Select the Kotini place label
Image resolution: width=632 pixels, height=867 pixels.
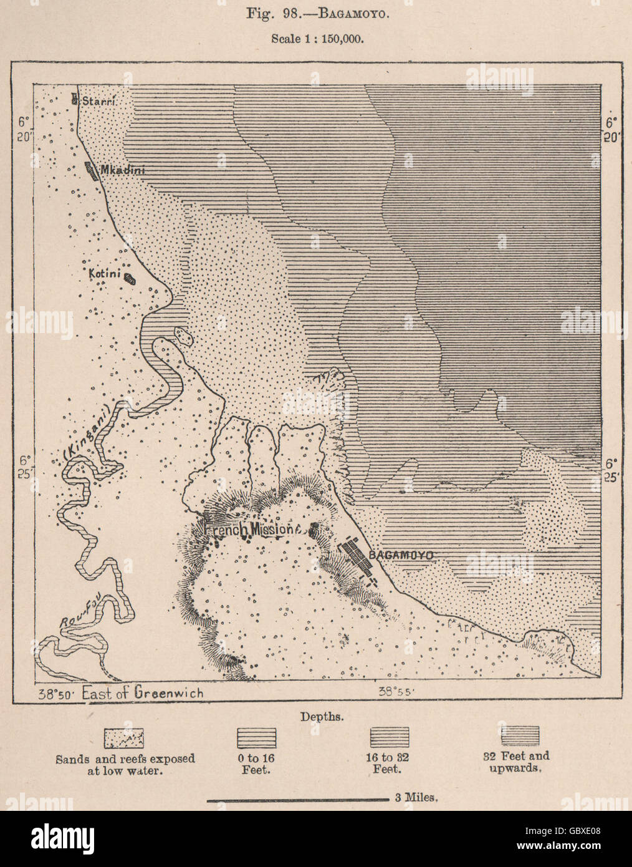click(103, 273)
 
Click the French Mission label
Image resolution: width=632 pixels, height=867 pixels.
click(253, 529)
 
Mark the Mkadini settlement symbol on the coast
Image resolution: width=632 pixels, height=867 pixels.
click(91, 171)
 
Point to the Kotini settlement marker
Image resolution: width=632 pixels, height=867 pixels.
click(130, 279)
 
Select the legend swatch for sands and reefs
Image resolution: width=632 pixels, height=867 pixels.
click(125, 737)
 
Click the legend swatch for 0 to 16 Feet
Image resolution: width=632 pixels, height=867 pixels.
click(256, 737)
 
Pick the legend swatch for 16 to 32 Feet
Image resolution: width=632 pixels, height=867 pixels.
click(390, 737)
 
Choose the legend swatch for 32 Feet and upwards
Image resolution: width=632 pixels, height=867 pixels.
click(520, 734)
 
